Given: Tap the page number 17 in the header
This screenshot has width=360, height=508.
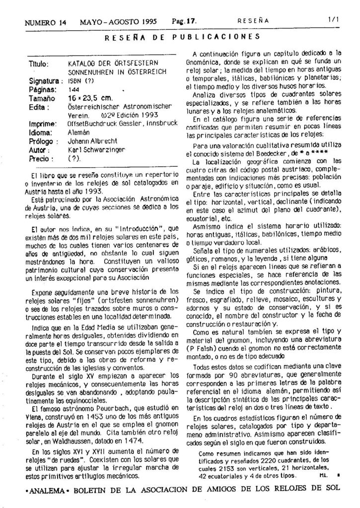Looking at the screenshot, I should [192, 22].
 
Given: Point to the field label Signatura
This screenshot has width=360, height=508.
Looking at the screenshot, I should [44, 81].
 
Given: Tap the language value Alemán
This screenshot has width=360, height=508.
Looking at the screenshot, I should [78, 133].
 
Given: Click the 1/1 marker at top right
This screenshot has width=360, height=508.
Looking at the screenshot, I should [332, 21].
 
